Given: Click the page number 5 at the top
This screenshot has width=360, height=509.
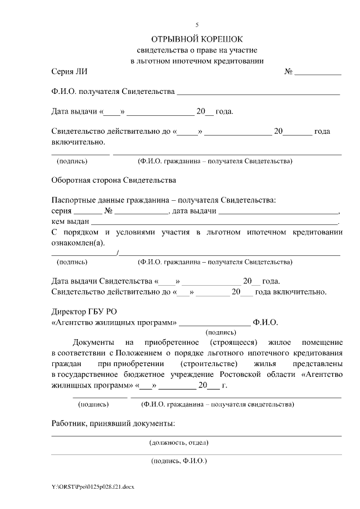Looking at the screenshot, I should [x=197, y=25].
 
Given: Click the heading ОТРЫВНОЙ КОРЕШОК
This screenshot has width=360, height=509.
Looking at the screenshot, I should [x=196, y=39].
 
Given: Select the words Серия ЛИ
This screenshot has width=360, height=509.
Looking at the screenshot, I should [x=69, y=72].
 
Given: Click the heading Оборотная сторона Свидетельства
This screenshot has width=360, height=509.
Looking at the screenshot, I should [x=113, y=181].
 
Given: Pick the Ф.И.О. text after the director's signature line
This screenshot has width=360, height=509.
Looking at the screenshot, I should [x=265, y=322].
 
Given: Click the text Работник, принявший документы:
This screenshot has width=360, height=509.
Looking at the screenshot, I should [x=112, y=423].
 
